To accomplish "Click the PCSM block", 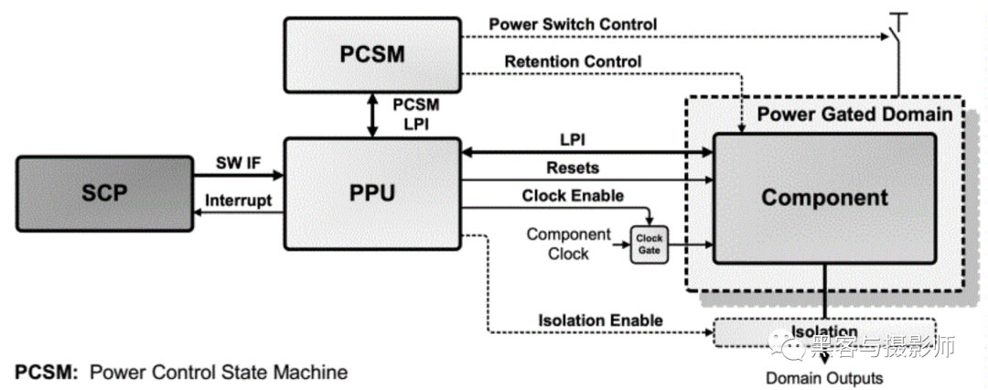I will pyautogui.click(x=371, y=55).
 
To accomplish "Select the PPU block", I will pyautogui.click(x=371, y=194).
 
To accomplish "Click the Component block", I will pyautogui.click(x=824, y=197).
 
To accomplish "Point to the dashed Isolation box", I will pyautogui.click(x=823, y=332).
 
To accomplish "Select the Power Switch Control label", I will pyautogui.click(x=573, y=23).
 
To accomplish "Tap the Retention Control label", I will pyautogui.click(x=573, y=61).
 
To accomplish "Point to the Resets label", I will pyautogui.click(x=573, y=168).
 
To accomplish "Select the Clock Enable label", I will pyautogui.click(x=573, y=195).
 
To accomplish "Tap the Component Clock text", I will pyautogui.click(x=568, y=244).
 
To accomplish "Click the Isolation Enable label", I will pyautogui.click(x=600, y=320).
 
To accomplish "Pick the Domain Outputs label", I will pyautogui.click(x=824, y=377).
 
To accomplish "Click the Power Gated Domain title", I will pyautogui.click(x=854, y=115).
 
